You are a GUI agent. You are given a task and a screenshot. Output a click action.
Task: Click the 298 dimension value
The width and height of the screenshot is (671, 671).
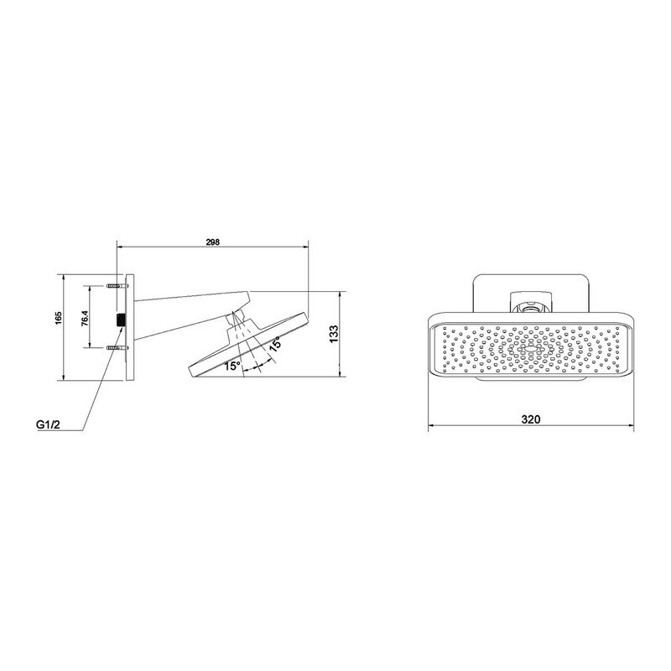211,242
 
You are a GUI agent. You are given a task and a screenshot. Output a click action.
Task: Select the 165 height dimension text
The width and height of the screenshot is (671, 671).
59,319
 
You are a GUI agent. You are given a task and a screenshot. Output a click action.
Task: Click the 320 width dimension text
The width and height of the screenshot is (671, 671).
530,419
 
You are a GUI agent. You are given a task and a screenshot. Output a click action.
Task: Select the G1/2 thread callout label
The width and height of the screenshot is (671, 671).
48,425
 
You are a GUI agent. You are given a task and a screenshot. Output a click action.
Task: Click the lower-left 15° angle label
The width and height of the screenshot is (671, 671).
231,366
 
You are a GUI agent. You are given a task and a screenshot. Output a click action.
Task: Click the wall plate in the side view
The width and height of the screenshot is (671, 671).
129,326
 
